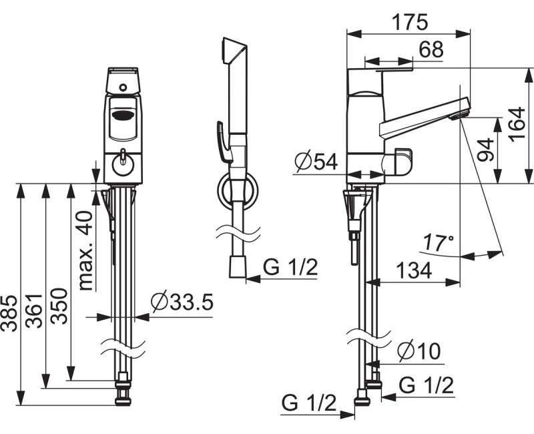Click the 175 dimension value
(409, 23)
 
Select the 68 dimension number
(431, 49)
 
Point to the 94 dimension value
(485, 149)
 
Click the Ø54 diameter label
(316, 162)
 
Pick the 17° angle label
(439, 243)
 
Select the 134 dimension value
(414, 270)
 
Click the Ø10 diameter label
(420, 351)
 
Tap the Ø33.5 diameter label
(182, 302)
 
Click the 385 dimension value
(9, 314)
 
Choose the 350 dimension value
(59, 306)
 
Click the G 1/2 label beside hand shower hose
(290, 267)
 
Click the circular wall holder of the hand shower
(238, 190)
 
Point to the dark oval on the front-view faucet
(123, 115)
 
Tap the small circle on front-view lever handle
(123, 87)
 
